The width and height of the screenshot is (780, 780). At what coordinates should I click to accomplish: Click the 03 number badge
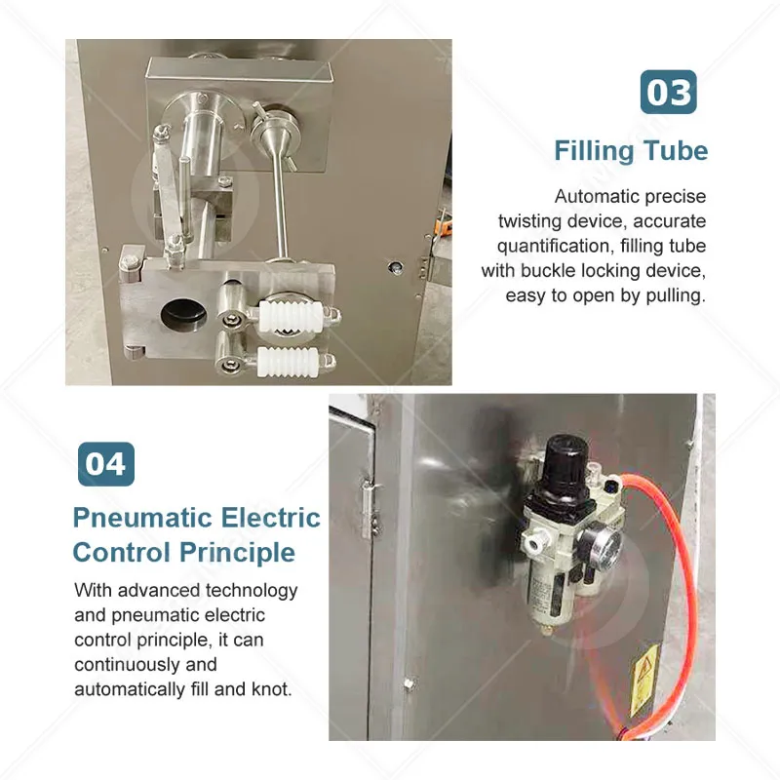point(668,92)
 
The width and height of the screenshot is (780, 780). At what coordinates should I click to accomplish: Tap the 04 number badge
point(106,464)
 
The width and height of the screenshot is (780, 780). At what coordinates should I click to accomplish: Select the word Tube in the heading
point(676,151)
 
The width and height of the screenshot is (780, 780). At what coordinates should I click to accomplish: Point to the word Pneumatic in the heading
point(143,518)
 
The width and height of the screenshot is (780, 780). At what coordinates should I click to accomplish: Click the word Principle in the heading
point(237,553)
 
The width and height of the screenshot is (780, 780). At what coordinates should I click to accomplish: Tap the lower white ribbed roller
point(288,362)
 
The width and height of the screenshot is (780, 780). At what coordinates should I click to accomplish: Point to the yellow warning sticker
point(643,681)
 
